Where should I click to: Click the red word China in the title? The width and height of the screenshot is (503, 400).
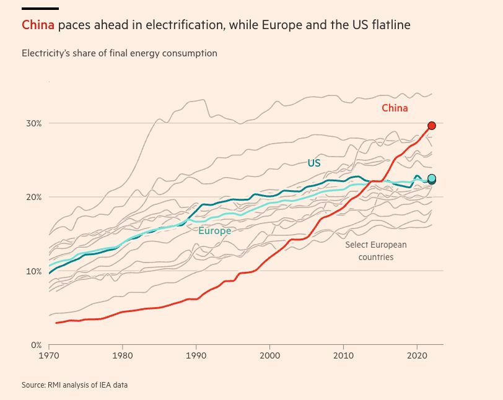pos(38,25)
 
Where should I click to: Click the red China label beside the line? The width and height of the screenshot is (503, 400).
pos(395,108)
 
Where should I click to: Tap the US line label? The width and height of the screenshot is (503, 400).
pos(314,163)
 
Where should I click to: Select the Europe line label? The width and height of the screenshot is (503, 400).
pos(214,231)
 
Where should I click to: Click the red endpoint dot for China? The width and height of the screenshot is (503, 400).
pos(432,126)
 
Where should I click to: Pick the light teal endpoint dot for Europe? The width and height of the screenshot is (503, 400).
pos(432,178)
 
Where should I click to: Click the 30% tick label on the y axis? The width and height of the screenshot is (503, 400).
pos(33,123)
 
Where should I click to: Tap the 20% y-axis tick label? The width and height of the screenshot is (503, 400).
pos(33,197)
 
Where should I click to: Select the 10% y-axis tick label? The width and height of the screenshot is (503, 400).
pos(33,271)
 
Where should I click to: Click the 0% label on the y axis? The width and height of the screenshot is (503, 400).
pos(35,345)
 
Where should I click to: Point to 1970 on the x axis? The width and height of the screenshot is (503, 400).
pos(49,356)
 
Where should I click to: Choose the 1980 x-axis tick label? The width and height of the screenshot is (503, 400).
pos(123,356)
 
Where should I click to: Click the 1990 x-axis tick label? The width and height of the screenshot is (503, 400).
pos(196,356)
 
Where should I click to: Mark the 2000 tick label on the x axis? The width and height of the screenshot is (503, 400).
pos(269,356)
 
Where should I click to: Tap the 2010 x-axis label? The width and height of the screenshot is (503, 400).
pos(343,356)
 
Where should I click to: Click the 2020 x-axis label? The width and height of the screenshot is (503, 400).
pos(416,356)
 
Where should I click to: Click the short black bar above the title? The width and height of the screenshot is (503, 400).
pos(40,9)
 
